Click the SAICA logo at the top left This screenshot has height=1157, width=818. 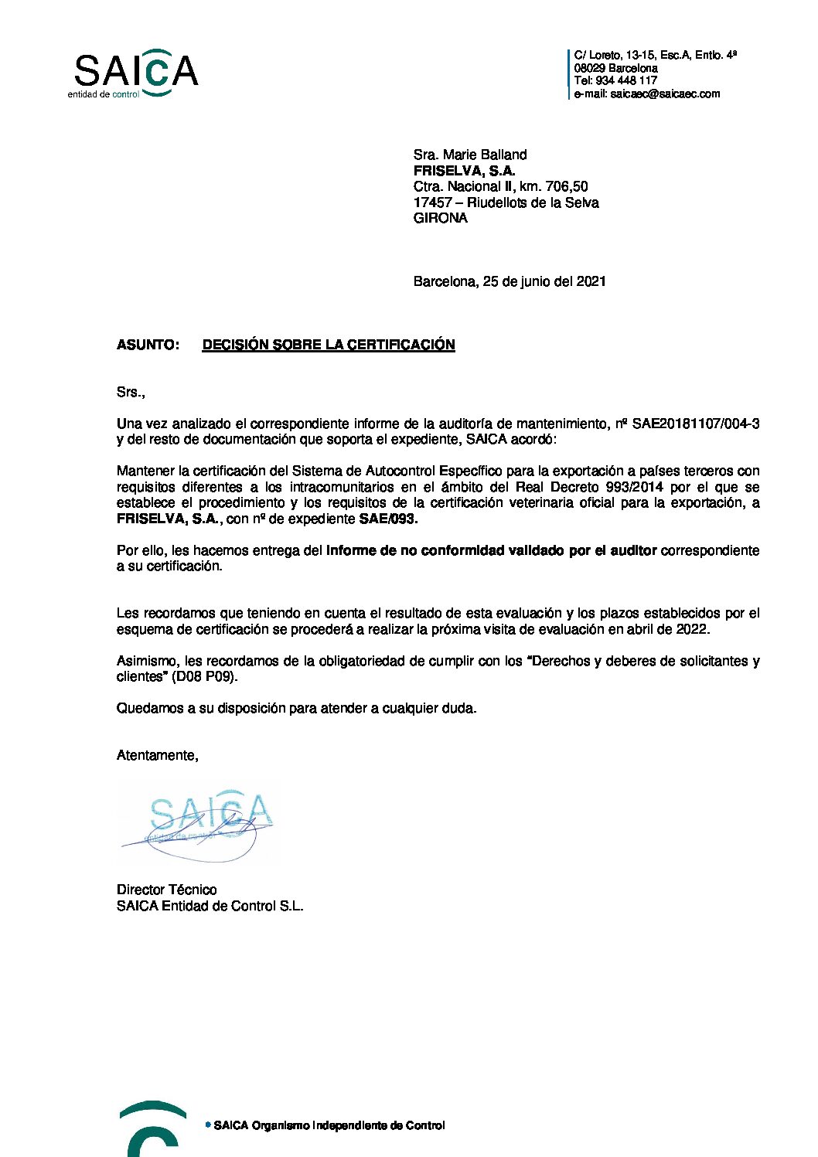tap(135, 73)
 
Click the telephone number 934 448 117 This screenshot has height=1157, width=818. tap(626, 80)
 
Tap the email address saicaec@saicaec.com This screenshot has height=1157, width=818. tap(665, 94)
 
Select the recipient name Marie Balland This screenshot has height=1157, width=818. tap(485, 155)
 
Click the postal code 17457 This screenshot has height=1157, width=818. tap(432, 202)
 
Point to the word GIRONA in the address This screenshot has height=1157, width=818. tap(441, 218)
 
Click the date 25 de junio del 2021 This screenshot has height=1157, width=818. tap(544, 281)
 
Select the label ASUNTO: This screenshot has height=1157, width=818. tap(148, 345)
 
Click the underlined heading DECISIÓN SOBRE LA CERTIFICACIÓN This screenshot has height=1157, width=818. tap(329, 345)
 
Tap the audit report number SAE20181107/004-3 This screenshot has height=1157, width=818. tap(696, 424)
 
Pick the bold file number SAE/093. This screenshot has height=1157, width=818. tap(388, 519)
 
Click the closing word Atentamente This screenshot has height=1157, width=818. tap(157, 755)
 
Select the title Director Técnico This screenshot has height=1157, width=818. tap(166, 890)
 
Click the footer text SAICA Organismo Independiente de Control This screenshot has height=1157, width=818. tap(329, 1125)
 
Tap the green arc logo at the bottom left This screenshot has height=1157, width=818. tap(152, 1128)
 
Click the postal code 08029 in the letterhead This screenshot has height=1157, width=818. tap(590, 68)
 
